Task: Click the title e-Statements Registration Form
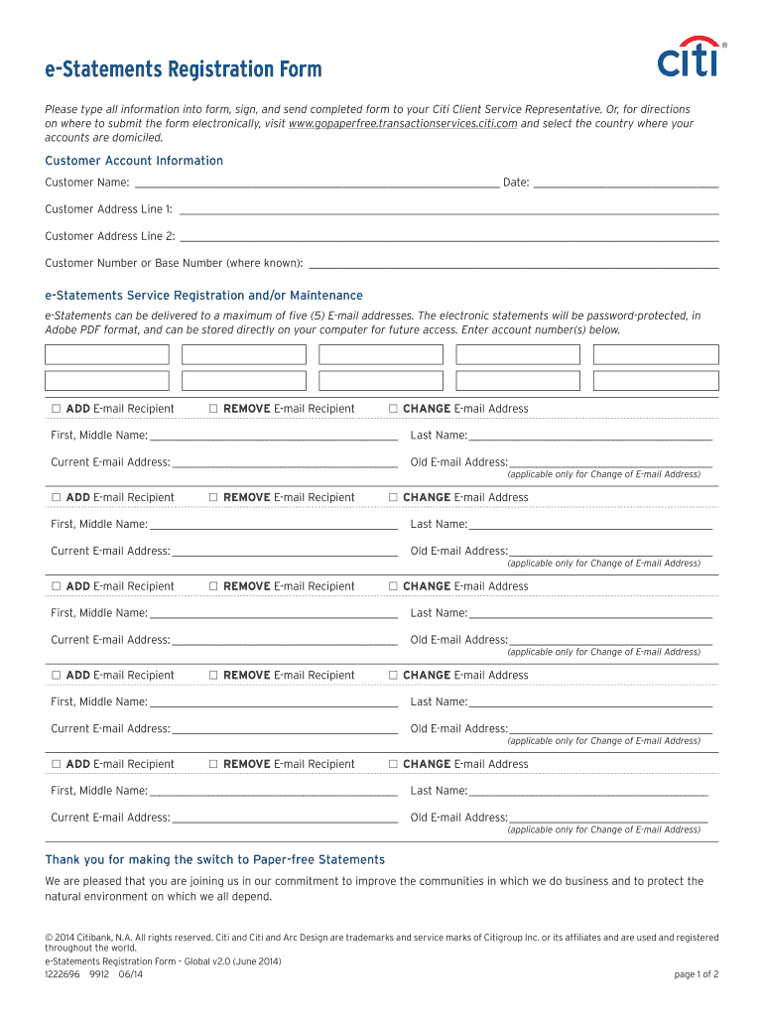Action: [184, 69]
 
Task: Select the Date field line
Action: [625, 182]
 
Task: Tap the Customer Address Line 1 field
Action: [447, 208]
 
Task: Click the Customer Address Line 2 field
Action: [447, 235]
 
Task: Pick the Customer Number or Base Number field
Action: [513, 263]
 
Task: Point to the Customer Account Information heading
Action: [134, 161]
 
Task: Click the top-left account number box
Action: [107, 355]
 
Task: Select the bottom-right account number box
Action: [655, 381]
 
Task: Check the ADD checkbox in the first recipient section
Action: [57, 409]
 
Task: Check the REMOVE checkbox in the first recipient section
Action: [214, 409]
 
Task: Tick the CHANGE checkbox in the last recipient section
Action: [394, 764]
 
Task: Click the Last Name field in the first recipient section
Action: [589, 435]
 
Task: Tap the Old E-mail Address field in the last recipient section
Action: [607, 817]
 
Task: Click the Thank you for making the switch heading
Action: [214, 859]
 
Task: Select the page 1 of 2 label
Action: [696, 974]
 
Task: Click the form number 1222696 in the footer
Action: [62, 974]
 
